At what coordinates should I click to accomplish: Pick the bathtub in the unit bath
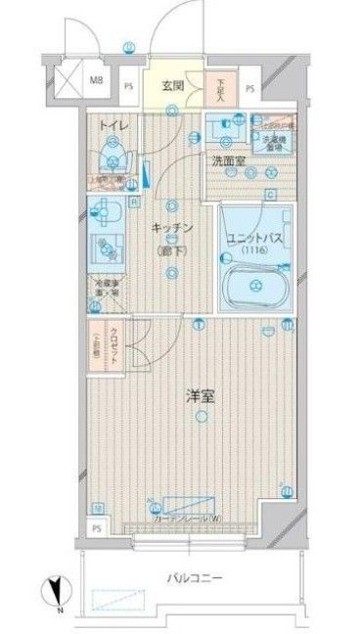point(252,288)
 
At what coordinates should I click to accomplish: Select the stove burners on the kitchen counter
point(105,249)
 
